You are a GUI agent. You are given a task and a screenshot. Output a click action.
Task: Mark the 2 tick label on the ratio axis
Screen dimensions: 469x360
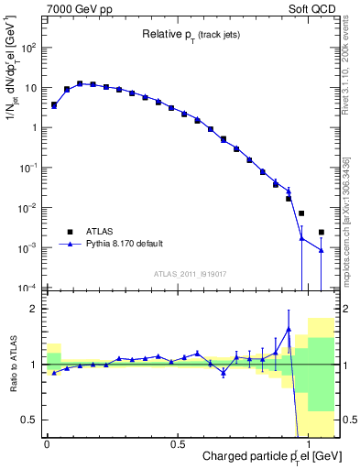[x=36, y=309]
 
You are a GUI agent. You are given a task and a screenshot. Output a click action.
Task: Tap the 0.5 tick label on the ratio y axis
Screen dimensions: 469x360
[x=32, y=420]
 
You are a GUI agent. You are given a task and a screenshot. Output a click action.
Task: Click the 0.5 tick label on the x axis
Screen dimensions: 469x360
[x=178, y=443]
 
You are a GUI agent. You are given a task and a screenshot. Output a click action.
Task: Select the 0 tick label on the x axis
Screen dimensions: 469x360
[x=47, y=443]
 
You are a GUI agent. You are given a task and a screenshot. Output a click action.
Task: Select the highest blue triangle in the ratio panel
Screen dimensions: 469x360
[x=289, y=329]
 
